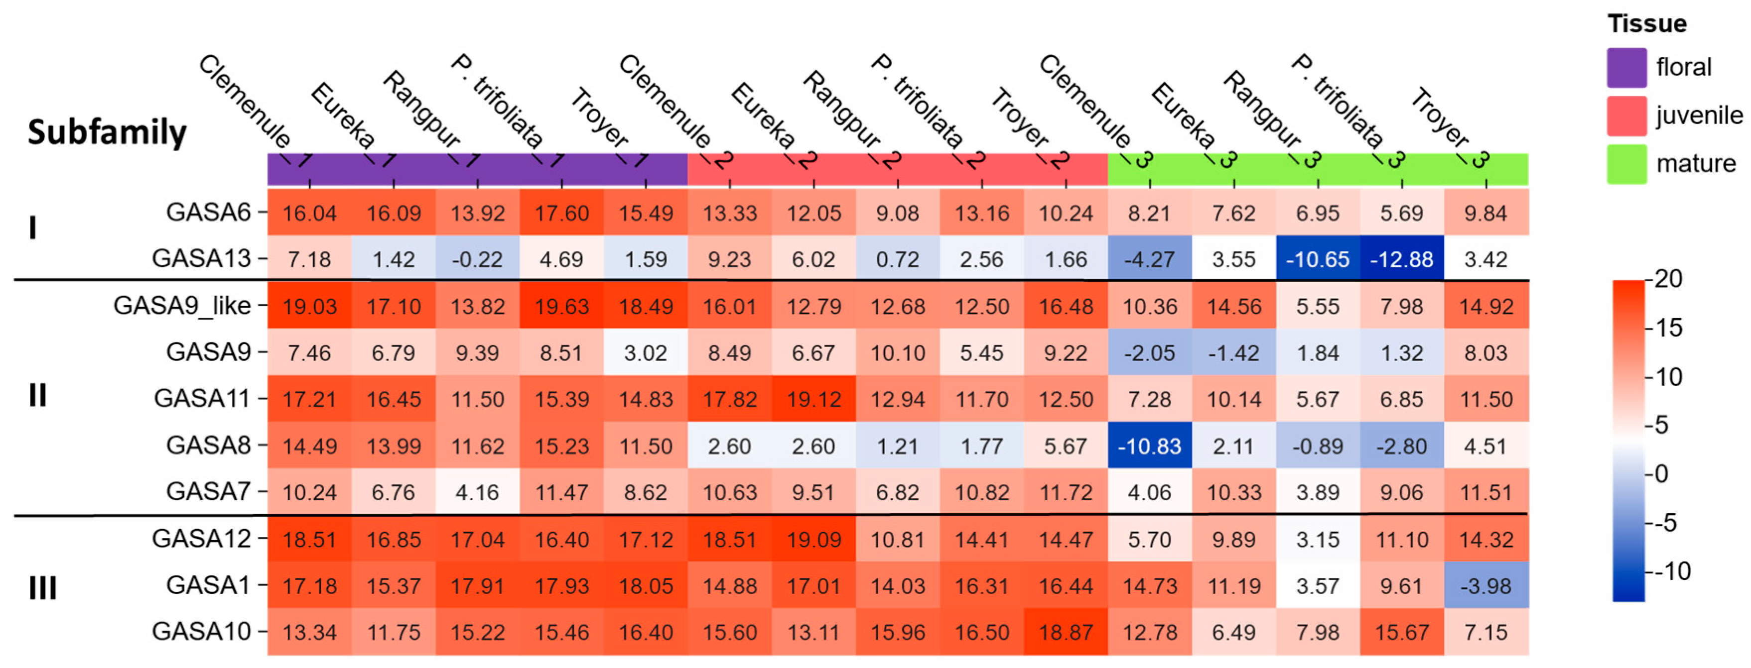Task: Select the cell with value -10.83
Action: click(x=1149, y=446)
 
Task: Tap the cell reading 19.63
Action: click(x=561, y=306)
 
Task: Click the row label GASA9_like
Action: click(x=182, y=306)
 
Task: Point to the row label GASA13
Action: click(x=201, y=259)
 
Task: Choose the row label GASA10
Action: click(x=201, y=631)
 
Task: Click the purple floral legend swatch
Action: click(x=1626, y=67)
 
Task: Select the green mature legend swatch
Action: click(x=1626, y=164)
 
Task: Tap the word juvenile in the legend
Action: click(x=1699, y=115)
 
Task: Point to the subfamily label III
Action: click(x=42, y=587)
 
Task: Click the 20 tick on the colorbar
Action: click(x=1668, y=279)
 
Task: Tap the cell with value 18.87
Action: click(x=1065, y=631)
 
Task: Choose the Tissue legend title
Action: click(x=1646, y=24)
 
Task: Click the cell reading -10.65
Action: click(x=1317, y=259)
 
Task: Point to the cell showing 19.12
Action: click(x=813, y=399)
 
